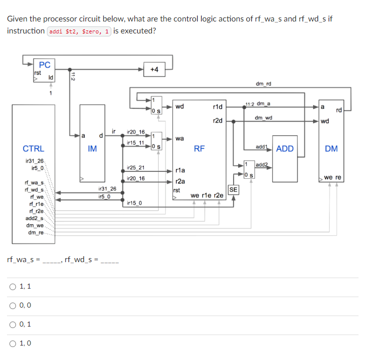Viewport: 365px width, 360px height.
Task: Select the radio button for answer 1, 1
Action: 12,287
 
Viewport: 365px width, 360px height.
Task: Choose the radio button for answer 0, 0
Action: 12,306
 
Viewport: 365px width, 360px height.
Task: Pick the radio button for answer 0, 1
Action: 12,325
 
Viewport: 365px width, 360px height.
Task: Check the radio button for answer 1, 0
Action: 12,344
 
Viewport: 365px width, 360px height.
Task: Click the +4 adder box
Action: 154,69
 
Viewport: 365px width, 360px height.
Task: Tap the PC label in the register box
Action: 44,65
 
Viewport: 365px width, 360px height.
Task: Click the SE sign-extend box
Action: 233,189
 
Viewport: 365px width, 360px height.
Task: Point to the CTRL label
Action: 33,148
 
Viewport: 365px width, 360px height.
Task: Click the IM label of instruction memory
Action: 92,148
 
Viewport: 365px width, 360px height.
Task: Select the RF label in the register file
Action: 199,148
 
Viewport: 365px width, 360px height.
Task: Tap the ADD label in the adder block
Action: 285,148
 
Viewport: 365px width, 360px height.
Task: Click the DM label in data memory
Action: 331,148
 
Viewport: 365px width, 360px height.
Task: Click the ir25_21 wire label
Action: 136,167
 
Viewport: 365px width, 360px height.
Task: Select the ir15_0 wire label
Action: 134,203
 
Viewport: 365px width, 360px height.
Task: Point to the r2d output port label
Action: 217,121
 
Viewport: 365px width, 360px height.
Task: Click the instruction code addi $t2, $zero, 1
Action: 79,31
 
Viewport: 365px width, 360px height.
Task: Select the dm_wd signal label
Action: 263,118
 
